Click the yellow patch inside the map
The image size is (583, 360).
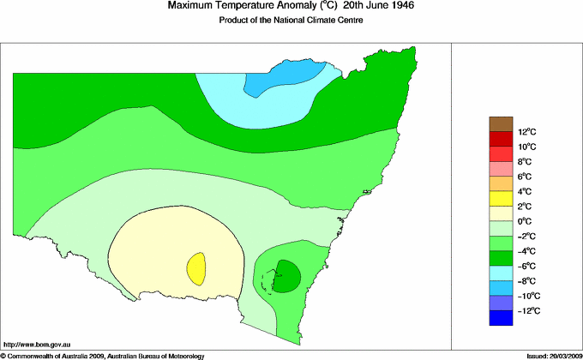pyautogui.click(x=196, y=268)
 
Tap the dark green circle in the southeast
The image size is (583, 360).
pyautogui.click(x=287, y=276)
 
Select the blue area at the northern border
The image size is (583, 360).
pyautogui.click(x=288, y=75)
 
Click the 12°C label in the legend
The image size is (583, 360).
pyautogui.click(x=526, y=132)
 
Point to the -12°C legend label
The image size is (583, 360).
pyautogui.click(x=526, y=310)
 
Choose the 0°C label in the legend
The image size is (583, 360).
pyautogui.click(x=526, y=221)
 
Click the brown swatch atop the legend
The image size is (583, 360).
pyautogui.click(x=501, y=124)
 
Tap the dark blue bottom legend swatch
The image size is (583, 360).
pyautogui.click(x=501, y=318)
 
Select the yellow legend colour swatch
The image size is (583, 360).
pyautogui.click(x=501, y=199)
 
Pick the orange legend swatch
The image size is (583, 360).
pyautogui.click(x=501, y=183)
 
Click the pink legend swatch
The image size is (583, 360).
pyautogui.click(x=501, y=169)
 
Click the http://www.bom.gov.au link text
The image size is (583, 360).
pyautogui.click(x=33, y=341)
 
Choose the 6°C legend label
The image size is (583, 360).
pyautogui.click(x=526, y=177)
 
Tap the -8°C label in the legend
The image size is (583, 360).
pyautogui.click(x=526, y=281)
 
